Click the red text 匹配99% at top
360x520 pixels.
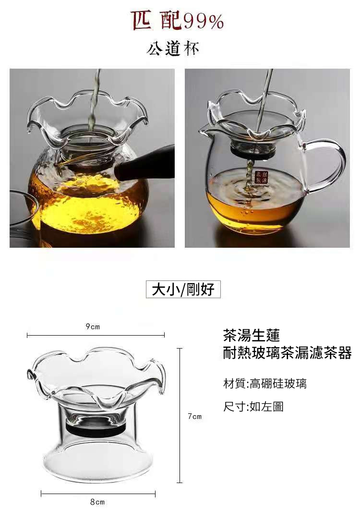point(178,21)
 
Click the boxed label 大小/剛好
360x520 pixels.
point(183,289)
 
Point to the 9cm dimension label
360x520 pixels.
point(93,327)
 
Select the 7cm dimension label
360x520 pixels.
point(194,416)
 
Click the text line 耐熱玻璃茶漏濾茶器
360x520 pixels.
point(287,353)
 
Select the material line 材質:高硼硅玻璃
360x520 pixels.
point(265,384)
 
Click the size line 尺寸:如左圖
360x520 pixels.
point(253,407)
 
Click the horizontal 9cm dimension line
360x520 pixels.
point(96,335)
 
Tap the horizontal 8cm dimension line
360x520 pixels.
point(98,493)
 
